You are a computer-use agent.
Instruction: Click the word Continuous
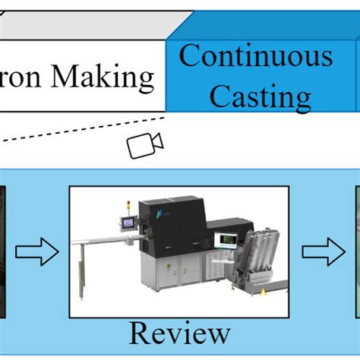(x=256, y=56)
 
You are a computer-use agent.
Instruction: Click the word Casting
(x=260, y=96)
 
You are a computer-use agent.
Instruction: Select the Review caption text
(x=179, y=332)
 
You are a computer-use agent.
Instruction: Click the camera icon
(x=145, y=144)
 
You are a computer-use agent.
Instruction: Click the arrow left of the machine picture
(x=37, y=252)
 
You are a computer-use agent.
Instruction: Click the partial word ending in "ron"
(x=18, y=77)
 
